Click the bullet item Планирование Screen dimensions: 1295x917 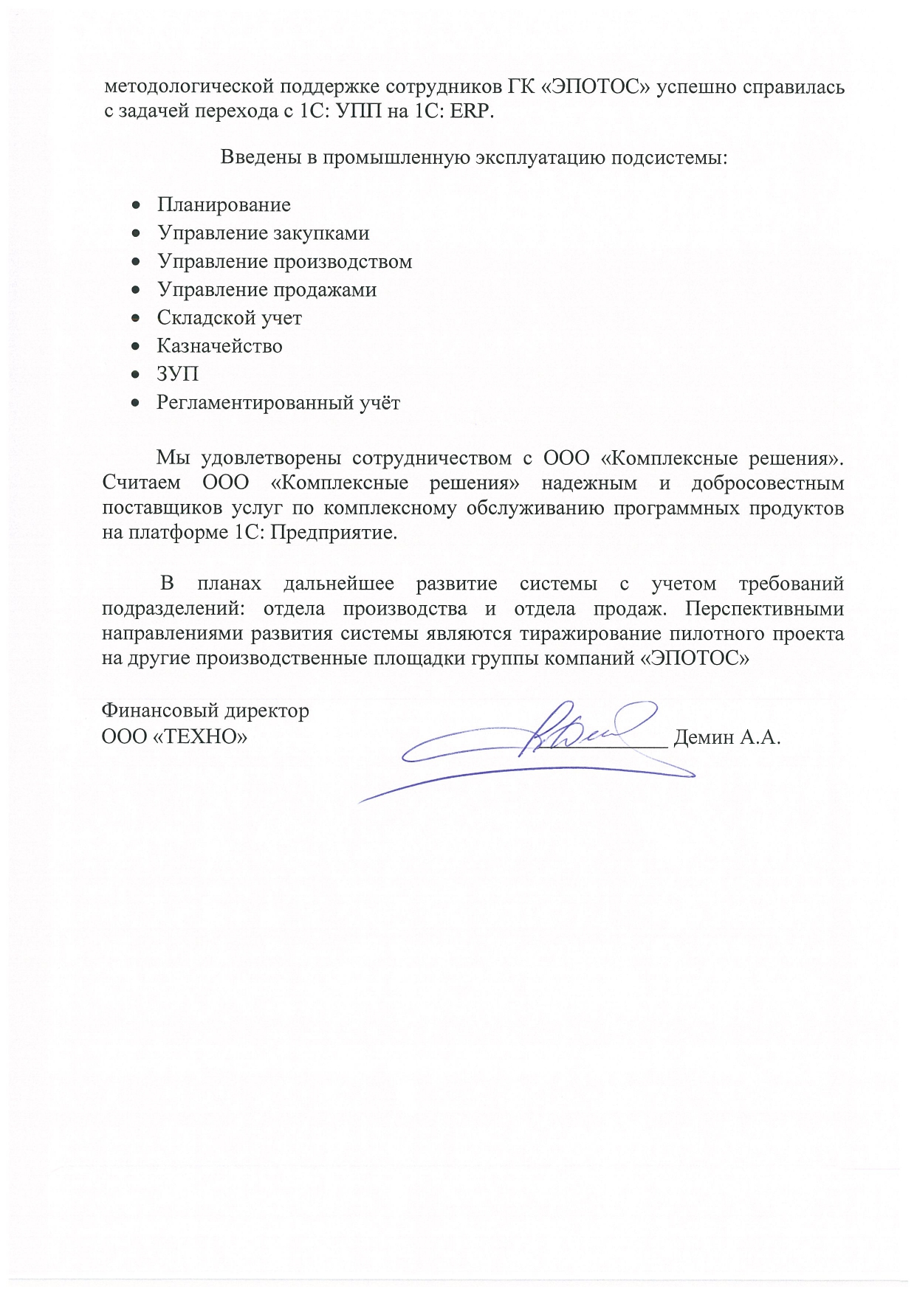224,204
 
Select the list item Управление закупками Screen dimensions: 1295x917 263,233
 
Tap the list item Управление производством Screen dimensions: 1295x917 284,261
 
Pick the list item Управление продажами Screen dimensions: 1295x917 267,289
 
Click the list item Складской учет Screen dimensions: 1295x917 229,318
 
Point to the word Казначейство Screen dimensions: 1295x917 219,346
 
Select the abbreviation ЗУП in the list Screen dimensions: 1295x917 177,374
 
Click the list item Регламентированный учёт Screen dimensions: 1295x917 278,403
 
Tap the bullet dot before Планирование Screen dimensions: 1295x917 135,205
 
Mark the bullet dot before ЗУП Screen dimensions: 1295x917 135,375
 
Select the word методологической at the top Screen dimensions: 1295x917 188,87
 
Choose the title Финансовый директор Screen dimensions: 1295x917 205,711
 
